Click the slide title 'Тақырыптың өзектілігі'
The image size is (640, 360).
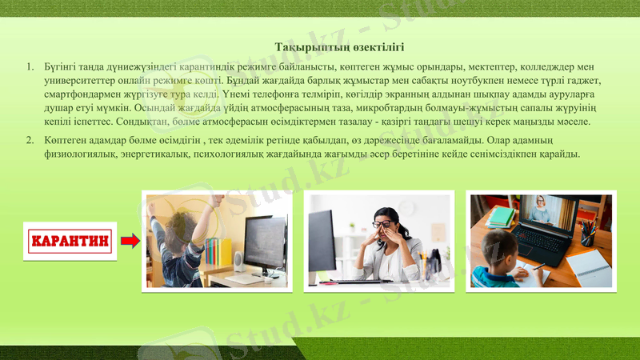[339, 48]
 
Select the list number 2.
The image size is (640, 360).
[30, 141]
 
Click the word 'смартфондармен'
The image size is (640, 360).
[85, 94]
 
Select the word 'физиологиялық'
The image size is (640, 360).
[82, 154]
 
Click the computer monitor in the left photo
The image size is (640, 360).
[265, 242]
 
